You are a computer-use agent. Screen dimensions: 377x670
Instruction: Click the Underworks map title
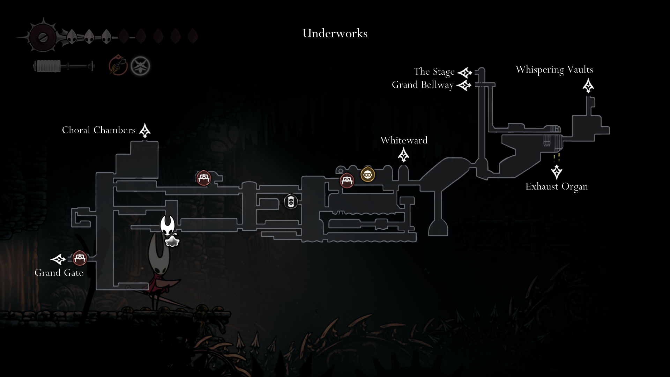[335, 34]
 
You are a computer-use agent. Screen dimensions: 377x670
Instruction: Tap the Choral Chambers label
[99, 130]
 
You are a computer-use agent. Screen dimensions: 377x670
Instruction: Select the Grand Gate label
[59, 273]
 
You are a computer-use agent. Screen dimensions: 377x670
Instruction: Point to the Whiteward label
[404, 140]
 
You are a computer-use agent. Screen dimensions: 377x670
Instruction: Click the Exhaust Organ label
[557, 187]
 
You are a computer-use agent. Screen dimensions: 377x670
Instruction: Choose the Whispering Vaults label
[554, 70]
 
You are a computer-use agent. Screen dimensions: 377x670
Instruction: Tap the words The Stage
[434, 72]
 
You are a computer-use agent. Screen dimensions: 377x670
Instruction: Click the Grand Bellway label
[423, 85]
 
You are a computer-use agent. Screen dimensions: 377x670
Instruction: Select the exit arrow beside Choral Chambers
[145, 131]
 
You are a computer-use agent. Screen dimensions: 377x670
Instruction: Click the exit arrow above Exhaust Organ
[557, 172]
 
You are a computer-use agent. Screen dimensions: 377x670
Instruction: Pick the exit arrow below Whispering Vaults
[588, 86]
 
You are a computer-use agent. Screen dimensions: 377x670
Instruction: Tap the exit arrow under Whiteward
[404, 155]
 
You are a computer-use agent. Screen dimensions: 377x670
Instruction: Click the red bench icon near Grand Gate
[80, 258]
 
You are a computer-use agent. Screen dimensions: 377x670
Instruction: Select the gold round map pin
[367, 175]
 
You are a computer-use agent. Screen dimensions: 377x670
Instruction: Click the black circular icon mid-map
[291, 202]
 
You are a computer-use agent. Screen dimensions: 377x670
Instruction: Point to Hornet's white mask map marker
[167, 226]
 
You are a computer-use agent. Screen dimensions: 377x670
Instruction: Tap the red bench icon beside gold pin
[347, 180]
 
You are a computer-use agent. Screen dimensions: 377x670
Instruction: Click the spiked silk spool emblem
[43, 37]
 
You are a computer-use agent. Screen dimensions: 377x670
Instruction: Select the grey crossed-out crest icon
[140, 66]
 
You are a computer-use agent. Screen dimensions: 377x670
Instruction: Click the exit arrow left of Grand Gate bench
[58, 259]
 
